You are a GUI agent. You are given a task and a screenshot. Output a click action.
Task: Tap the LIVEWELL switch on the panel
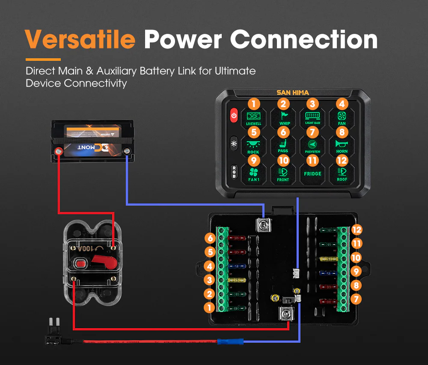pos(254,117)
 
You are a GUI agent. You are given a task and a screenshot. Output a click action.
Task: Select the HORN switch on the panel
pos(342,145)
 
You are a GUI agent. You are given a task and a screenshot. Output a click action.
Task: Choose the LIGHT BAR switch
pos(312,117)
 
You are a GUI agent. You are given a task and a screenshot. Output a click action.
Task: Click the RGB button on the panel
pos(234,171)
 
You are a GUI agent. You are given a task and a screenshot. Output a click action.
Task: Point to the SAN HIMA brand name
pos(293,93)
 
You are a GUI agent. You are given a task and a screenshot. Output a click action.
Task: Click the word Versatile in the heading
pos(80,39)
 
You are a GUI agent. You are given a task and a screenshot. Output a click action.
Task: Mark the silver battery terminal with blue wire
pos(127,151)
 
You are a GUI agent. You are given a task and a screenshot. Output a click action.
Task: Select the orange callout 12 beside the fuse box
pos(357,230)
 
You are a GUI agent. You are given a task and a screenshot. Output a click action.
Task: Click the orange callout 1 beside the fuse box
pos(209,307)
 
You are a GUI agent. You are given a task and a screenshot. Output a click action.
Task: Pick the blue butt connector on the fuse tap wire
pos(230,342)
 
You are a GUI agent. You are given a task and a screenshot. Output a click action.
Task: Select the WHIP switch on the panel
pos(283,117)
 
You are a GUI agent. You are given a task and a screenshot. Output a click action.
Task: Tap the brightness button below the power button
pos(234,144)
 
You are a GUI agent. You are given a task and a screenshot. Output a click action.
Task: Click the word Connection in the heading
pos(304,39)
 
